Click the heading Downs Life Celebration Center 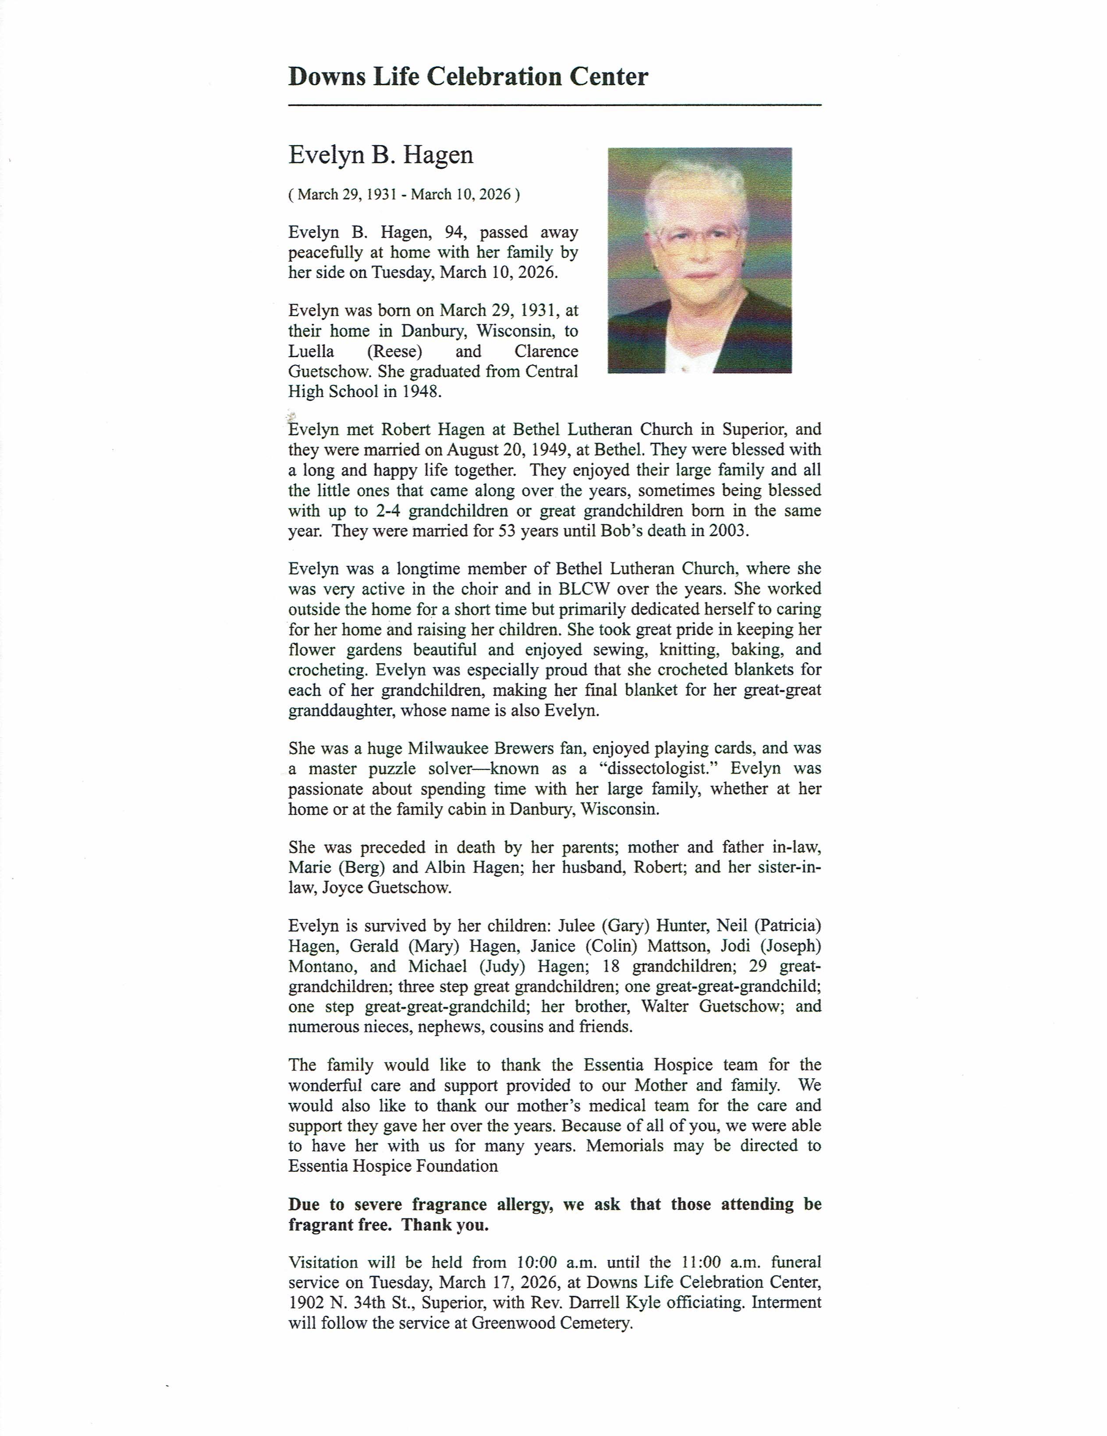[x=468, y=77]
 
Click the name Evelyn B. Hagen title [x=380, y=155]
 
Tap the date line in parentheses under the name [x=404, y=195]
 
